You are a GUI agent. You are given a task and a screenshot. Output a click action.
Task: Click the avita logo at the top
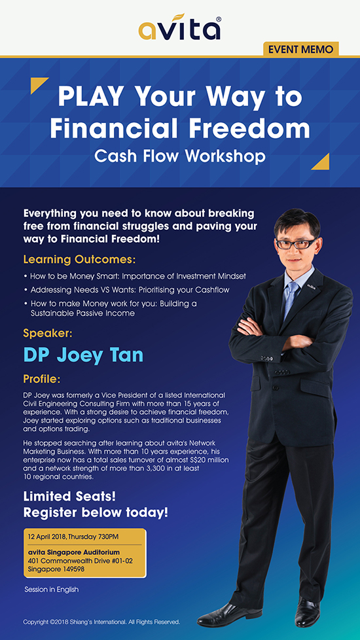click(180, 27)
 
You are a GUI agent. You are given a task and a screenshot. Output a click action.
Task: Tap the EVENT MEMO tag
click(301, 50)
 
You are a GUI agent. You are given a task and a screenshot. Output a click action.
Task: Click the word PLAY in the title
click(90, 98)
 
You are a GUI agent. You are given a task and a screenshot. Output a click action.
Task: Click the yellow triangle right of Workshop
click(322, 162)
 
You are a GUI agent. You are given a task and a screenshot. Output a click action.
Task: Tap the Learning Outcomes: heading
click(79, 260)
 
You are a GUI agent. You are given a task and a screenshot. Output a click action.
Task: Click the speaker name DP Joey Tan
click(83, 355)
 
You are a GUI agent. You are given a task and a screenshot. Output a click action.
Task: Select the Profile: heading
click(42, 380)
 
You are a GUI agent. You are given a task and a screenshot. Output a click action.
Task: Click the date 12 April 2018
click(48, 535)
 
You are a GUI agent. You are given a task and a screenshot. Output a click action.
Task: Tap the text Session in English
click(52, 590)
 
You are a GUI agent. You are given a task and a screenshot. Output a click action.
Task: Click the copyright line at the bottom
click(101, 622)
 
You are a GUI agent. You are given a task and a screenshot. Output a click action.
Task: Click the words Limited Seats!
click(70, 497)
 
